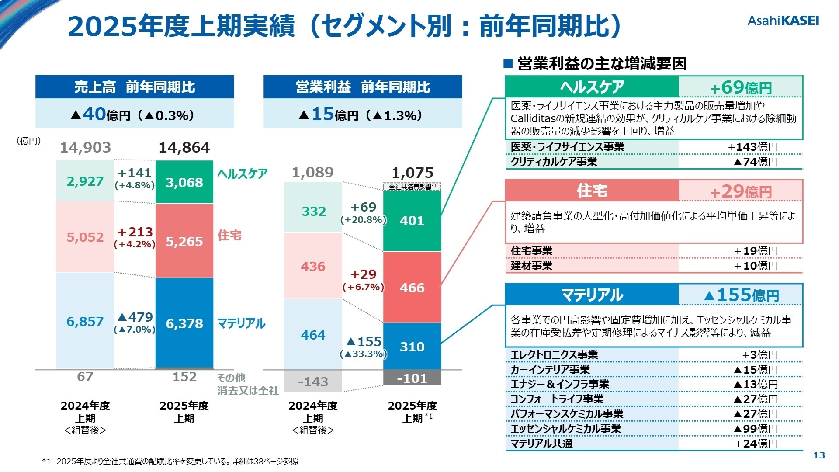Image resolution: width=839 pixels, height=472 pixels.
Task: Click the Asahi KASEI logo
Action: pyautogui.click(x=783, y=21)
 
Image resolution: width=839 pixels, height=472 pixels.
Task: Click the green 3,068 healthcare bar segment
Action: pyautogui.click(x=184, y=182)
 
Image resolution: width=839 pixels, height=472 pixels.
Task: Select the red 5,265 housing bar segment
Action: pyautogui.click(x=184, y=241)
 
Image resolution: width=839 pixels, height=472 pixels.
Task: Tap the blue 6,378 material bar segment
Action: pyautogui.click(x=184, y=323)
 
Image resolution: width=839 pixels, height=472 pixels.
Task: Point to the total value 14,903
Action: pyautogui.click(x=85, y=148)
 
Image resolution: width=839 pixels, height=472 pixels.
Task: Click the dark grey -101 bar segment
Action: pyautogui.click(x=412, y=378)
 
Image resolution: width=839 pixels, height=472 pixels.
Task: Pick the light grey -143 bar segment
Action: pyautogui.click(x=313, y=382)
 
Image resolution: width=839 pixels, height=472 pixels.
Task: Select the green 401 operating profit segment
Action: pyautogui.click(x=412, y=220)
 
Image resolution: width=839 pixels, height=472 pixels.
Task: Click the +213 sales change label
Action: pyautogui.click(x=135, y=232)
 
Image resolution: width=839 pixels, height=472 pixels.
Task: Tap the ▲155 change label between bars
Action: pyautogui.click(x=364, y=341)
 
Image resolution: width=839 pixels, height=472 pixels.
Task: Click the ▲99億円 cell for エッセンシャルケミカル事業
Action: pyautogui.click(x=756, y=429)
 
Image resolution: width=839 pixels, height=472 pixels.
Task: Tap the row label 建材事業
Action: pyautogui.click(x=531, y=266)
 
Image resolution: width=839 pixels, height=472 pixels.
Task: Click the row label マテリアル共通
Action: pyautogui.click(x=541, y=444)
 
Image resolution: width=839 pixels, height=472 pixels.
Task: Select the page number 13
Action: pyautogui.click(x=819, y=455)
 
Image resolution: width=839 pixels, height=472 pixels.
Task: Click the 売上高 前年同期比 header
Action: pyautogui.click(x=135, y=87)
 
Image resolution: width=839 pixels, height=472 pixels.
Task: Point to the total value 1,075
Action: pyautogui.click(x=413, y=173)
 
